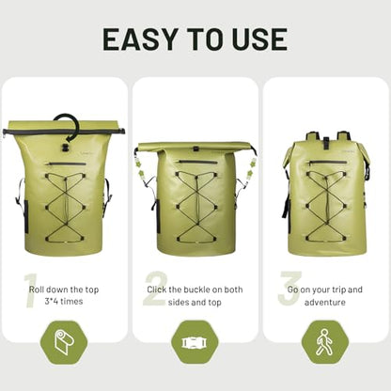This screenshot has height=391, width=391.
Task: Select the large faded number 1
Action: (30, 290)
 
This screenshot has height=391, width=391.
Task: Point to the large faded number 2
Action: (155, 289)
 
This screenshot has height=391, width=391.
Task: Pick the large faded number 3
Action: (289, 288)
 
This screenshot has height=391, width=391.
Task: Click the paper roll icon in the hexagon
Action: (63, 342)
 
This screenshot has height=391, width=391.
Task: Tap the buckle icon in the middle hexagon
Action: (195, 342)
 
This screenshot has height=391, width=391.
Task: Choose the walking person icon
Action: (323, 342)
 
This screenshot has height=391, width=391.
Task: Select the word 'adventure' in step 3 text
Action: (325, 303)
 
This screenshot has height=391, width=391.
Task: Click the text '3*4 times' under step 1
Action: (64, 302)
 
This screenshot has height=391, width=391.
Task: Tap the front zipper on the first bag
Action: (66, 164)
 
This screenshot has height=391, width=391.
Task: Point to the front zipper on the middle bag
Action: (196, 162)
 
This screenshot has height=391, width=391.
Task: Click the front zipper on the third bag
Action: (327, 163)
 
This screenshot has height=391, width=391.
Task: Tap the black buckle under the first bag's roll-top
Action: (66, 148)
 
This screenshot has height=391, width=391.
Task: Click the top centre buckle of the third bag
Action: (326, 143)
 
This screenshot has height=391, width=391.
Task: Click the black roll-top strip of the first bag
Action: (64, 131)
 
